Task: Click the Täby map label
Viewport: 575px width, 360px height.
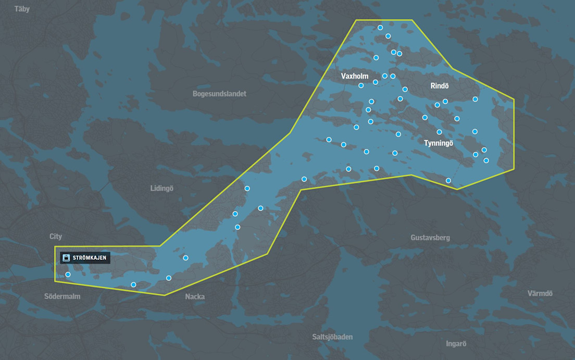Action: click(22, 9)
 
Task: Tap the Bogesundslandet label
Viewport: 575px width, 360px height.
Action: click(219, 94)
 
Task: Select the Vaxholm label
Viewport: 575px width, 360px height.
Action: click(355, 76)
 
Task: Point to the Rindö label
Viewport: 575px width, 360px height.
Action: click(440, 85)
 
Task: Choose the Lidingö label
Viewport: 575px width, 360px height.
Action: click(161, 188)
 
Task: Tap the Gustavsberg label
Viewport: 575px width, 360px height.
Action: click(430, 238)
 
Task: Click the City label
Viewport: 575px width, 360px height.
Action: click(56, 237)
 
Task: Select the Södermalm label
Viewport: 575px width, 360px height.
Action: click(63, 296)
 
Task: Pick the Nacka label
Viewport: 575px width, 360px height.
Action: click(195, 297)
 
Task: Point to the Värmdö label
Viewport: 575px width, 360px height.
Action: click(540, 293)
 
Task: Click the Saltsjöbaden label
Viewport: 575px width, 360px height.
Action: click(332, 337)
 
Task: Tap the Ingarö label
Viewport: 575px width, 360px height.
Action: click(456, 344)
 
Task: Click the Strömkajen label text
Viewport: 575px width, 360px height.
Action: click(90, 257)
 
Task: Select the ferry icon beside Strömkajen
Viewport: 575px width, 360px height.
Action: click(66, 257)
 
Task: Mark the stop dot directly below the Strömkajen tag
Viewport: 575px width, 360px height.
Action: click(68, 275)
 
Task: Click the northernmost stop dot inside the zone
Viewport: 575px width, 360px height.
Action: click(380, 28)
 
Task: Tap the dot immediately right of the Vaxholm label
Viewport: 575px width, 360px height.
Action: click(376, 82)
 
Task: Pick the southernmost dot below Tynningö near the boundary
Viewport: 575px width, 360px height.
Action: click(448, 181)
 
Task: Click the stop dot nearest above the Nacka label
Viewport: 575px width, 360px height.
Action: click(168, 278)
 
